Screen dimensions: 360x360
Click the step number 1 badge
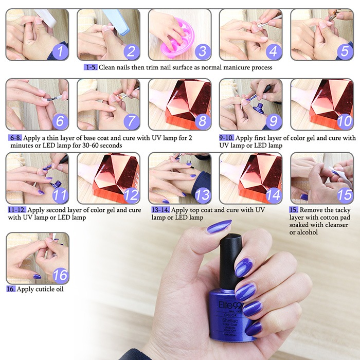60,51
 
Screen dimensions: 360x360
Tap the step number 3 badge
203,51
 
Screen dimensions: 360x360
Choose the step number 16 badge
60,275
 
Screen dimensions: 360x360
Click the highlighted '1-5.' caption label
91,67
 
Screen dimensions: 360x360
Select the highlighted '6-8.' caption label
15,138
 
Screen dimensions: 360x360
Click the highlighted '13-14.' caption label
160,210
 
